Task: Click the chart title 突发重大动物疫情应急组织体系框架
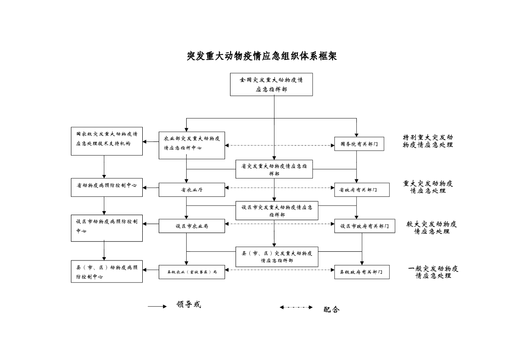(x=262, y=56)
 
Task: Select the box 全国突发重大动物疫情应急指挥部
(x=271, y=84)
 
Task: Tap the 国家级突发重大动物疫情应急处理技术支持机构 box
(x=107, y=141)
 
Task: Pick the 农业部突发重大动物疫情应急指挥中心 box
(x=192, y=145)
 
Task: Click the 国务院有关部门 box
(x=359, y=144)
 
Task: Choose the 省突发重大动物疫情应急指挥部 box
(x=274, y=169)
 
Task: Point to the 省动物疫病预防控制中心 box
(x=107, y=187)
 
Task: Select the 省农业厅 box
(x=192, y=189)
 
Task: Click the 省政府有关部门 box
(x=362, y=189)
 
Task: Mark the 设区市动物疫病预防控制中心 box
(x=107, y=227)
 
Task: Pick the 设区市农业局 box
(x=192, y=226)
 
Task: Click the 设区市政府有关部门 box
(x=365, y=226)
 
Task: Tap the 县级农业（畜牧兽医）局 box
(x=192, y=272)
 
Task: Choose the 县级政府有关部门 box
(x=362, y=272)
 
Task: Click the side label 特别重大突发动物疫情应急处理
(x=428, y=141)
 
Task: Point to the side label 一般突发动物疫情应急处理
(x=433, y=272)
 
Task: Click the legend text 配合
(x=332, y=310)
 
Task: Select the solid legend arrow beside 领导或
(x=157, y=307)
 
